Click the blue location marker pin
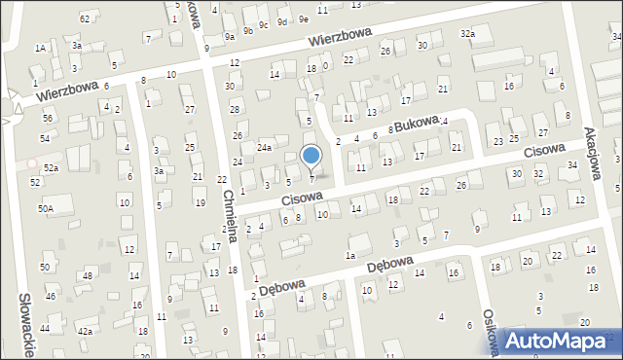311,156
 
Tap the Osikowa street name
491,334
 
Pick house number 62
85,18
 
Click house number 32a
468,33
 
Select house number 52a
51,168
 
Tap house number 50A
46,208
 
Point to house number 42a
86,331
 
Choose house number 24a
264,147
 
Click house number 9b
248,29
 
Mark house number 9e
304,18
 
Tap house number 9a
230,36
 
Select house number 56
48,117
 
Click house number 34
572,164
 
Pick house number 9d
281,21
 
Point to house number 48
87,275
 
